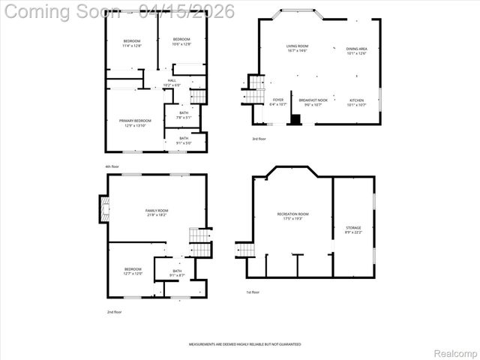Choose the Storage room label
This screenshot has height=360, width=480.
tap(353, 229)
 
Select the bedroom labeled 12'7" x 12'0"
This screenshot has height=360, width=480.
tap(133, 271)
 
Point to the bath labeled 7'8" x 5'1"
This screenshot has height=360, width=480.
tap(184, 115)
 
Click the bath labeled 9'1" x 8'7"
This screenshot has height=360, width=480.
tap(177, 273)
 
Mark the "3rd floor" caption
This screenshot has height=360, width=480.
tap(259, 139)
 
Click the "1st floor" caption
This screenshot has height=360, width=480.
tap(253, 292)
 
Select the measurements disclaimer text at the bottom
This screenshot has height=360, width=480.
tap(244, 343)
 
